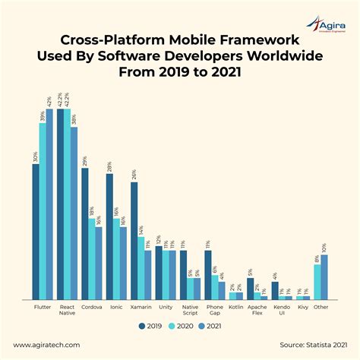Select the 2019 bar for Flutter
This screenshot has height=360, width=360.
point(35,231)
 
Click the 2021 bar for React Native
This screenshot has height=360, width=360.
point(74,213)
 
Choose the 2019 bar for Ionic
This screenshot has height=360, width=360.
point(109,236)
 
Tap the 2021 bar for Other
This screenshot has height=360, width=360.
point(325,277)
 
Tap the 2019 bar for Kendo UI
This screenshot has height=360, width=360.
point(274,291)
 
